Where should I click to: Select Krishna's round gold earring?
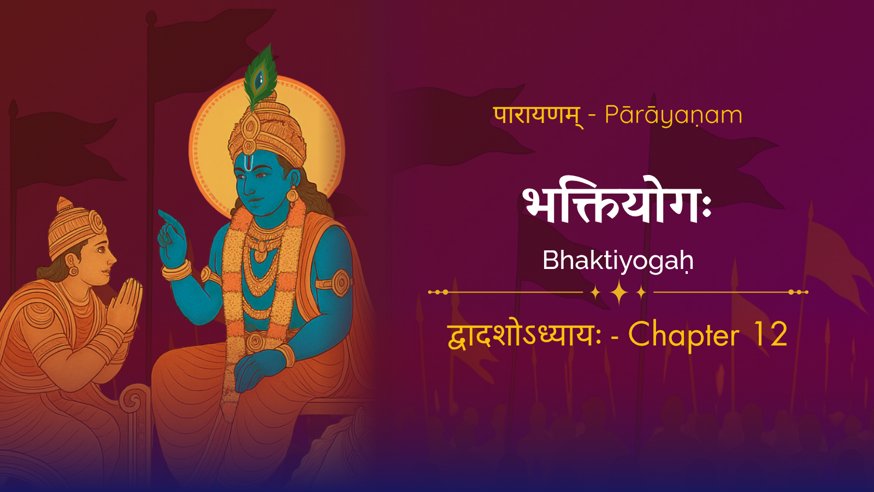point(292,194)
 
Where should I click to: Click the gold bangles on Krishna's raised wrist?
point(177,270)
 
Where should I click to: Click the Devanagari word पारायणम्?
point(539,116)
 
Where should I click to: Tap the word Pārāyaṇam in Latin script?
point(674,115)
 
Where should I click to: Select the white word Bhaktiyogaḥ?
point(618,260)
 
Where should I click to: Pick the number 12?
point(771,335)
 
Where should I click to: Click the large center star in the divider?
point(619,292)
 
